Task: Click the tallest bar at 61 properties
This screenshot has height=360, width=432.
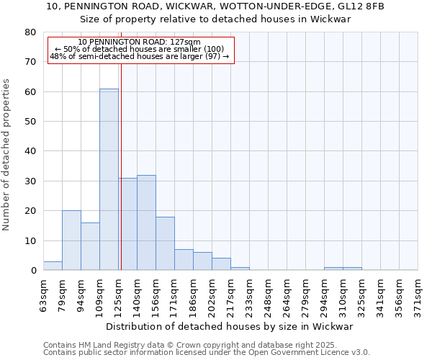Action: [x=109, y=179]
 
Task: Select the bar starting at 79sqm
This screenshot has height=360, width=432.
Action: [x=71, y=240]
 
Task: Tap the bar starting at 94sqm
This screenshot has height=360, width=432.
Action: [x=90, y=246]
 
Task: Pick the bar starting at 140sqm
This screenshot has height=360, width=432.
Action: [x=146, y=222]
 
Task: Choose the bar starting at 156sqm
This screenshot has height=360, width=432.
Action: [x=165, y=243]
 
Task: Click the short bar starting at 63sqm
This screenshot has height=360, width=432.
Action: [x=53, y=266]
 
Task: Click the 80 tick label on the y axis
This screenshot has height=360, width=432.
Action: [x=30, y=32]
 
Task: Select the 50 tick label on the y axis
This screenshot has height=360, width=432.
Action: [x=30, y=122]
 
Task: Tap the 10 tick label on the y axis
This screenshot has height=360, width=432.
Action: [x=30, y=240]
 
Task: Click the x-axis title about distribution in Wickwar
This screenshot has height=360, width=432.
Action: [x=234, y=326]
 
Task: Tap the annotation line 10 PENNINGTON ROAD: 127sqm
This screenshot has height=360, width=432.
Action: [x=140, y=42]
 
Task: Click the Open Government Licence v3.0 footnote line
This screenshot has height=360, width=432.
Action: [x=207, y=352]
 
